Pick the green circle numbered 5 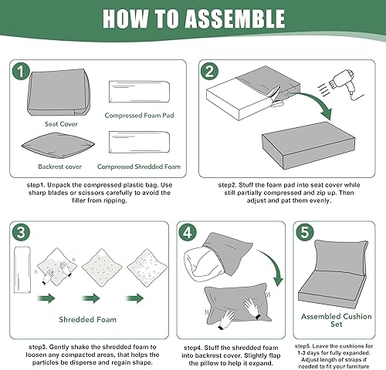tap(306, 232)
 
